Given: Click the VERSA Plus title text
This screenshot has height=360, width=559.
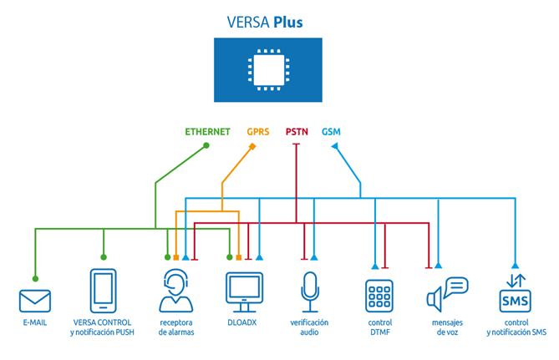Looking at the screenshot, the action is (265, 22).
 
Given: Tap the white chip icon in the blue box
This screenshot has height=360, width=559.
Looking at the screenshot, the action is (268, 70).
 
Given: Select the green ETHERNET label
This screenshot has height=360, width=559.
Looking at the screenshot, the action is (207, 132).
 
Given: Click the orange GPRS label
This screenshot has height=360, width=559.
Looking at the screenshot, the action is (258, 132).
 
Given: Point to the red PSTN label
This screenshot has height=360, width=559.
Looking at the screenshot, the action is (297, 132).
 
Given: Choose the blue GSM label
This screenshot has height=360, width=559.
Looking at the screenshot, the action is (331, 132).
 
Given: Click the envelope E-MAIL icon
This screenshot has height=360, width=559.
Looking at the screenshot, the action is (35, 302).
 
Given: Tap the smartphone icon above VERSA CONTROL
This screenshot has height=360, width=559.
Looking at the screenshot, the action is (104, 291).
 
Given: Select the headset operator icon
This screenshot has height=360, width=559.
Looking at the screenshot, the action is (176, 291).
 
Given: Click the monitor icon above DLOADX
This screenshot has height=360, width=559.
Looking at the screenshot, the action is (245, 292).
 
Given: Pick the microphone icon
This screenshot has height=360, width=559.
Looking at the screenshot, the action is (310, 292).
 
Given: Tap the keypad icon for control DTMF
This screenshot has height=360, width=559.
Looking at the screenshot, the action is (379, 297).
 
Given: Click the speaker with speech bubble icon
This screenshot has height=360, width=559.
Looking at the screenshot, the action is (447, 294).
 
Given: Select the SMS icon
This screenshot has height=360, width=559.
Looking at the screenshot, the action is (516, 293).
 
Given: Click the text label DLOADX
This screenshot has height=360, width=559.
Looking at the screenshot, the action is (242, 322).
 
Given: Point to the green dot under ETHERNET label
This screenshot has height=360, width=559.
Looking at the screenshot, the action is (206, 145).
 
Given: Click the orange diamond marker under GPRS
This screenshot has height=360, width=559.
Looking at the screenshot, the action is (252, 146).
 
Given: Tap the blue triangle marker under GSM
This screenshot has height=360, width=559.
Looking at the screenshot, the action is (334, 146).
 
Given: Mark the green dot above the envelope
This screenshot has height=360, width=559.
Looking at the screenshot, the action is (35, 279).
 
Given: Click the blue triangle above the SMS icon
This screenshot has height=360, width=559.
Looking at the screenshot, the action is (516, 266).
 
